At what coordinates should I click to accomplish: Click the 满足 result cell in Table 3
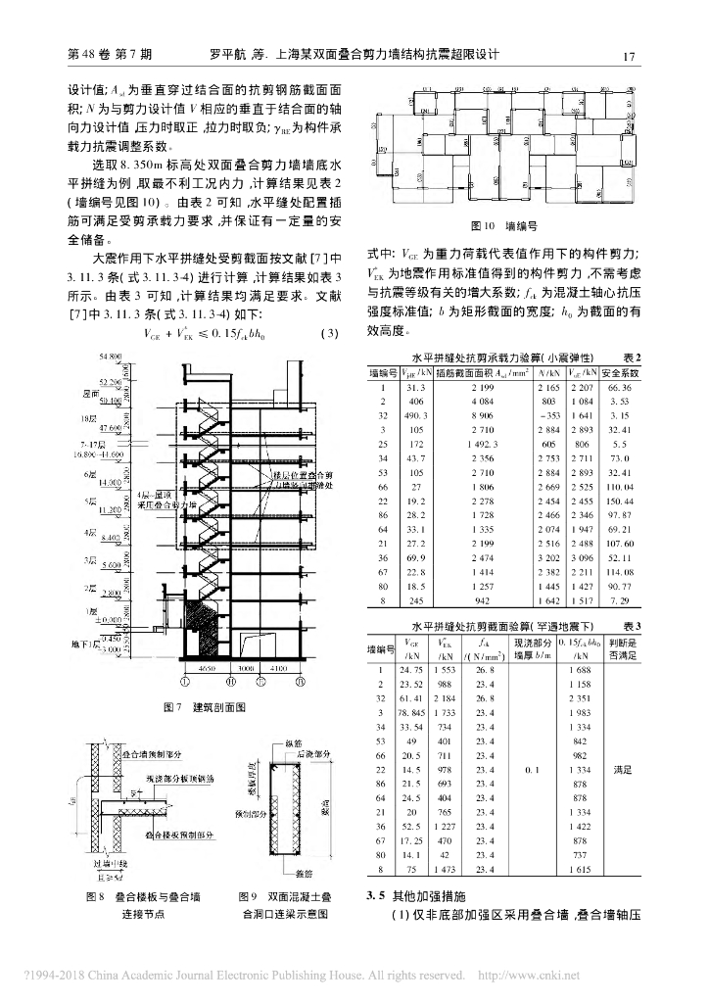pos(621,772)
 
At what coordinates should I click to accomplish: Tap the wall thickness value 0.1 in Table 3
pos(531,772)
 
